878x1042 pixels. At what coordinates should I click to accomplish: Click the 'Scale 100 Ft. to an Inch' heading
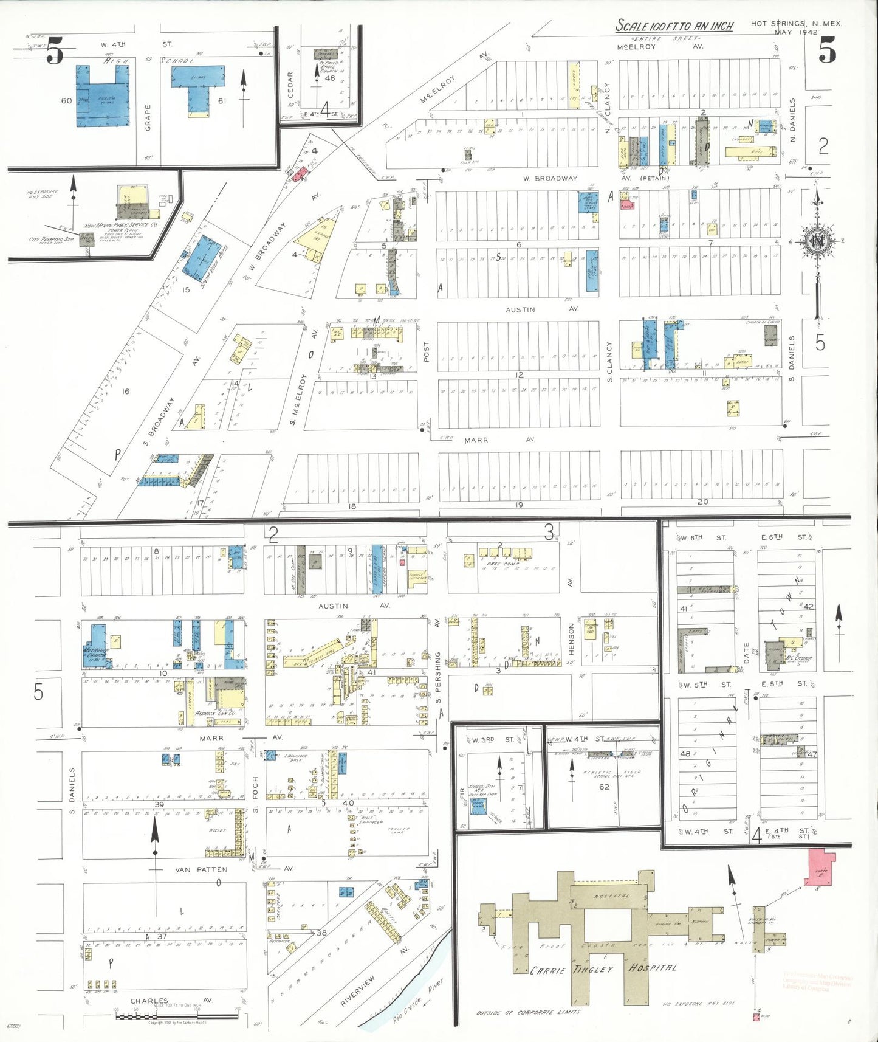point(674,26)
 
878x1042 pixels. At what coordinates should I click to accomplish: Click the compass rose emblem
point(818,241)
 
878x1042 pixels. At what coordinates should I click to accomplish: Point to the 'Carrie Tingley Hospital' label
point(603,968)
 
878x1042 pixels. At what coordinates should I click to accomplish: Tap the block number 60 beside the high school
point(67,100)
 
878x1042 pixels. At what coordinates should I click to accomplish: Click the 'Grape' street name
point(148,117)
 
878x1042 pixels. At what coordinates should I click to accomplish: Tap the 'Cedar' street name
point(290,85)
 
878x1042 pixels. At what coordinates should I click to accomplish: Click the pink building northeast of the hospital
point(821,868)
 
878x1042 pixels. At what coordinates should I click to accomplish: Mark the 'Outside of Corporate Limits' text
point(528,1012)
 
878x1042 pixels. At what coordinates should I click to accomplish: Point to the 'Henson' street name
point(571,639)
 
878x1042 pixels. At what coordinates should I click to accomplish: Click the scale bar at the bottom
point(176,1016)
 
